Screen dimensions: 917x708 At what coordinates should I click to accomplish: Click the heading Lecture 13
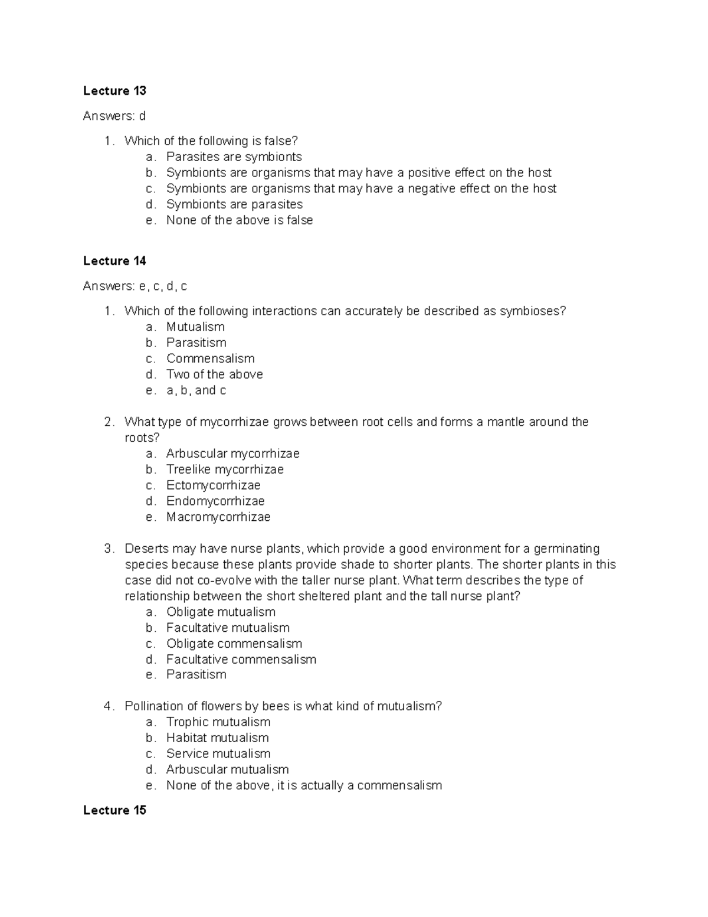coord(114,91)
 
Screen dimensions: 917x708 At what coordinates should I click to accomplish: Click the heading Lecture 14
coord(114,261)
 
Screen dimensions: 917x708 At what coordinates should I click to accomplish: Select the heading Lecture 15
coord(114,810)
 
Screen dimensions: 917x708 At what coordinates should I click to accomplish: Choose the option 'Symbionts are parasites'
coord(234,204)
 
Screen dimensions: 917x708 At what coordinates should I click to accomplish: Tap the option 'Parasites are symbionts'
coord(234,157)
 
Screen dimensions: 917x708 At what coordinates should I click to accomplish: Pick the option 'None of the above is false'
coord(240,220)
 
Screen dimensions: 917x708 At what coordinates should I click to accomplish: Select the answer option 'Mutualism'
coord(195,327)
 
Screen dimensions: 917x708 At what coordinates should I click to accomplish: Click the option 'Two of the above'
coord(214,374)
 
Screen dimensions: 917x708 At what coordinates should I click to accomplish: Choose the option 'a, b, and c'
coord(196,390)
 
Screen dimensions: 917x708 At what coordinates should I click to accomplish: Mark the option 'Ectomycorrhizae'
coord(213,485)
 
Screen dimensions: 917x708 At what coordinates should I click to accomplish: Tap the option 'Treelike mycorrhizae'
coord(225,469)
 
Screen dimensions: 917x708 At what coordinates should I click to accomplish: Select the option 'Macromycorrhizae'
coord(218,517)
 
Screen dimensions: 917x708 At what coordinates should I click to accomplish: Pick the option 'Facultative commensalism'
coord(241,660)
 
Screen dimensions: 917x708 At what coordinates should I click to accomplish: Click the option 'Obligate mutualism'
coord(221,612)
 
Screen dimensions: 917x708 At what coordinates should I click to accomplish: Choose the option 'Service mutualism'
coord(218,754)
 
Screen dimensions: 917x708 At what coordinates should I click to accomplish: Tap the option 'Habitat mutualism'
coord(217,738)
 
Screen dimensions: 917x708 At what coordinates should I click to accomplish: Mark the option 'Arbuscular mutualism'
coord(227,770)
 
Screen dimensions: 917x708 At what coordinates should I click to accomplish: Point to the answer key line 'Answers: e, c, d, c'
coord(135,286)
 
